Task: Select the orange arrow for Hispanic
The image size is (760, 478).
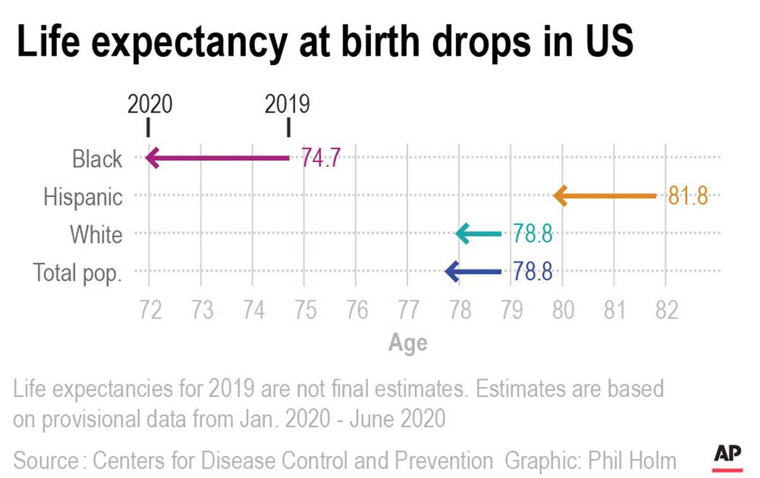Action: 605,196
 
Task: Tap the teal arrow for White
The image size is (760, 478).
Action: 479,234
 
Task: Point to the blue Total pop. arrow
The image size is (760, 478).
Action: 473,272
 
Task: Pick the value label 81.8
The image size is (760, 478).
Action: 687,196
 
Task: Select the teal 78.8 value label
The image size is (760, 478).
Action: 533,234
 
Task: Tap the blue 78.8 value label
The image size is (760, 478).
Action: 533,272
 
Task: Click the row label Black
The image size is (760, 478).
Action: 97,159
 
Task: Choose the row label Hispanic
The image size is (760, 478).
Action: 83,197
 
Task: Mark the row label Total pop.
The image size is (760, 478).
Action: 77,273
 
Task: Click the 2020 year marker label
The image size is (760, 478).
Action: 149,104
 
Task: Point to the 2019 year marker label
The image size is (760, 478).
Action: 288,104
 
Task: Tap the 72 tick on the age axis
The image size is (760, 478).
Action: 149,311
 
